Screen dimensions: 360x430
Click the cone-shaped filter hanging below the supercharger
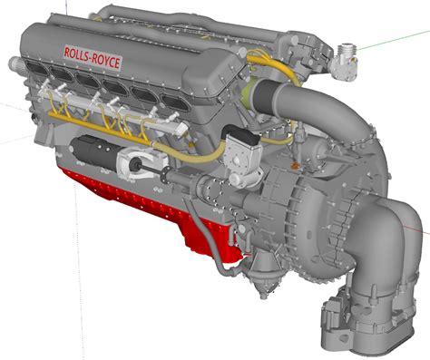point(263,272)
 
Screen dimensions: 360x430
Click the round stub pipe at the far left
point(17,63)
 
